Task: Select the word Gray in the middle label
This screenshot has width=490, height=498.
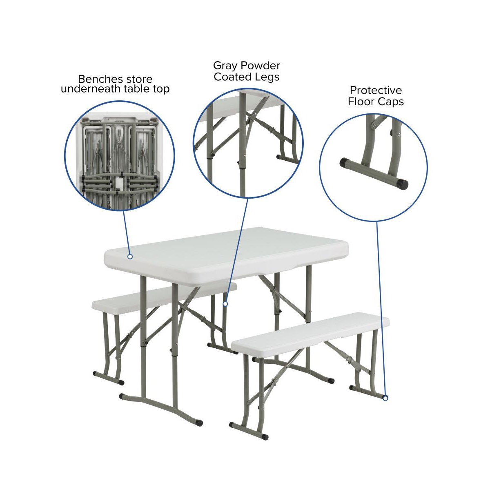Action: coord(225,66)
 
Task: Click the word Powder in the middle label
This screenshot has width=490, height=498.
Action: coord(260,66)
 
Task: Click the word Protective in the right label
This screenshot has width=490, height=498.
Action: coord(376,90)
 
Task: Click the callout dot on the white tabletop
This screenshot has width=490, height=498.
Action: coord(130,257)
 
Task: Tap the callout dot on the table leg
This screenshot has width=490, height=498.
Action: coord(225,304)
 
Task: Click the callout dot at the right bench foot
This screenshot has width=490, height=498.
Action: coord(385,398)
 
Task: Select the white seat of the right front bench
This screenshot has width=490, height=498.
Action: coord(310,330)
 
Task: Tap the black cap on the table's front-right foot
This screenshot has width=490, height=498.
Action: coord(199,423)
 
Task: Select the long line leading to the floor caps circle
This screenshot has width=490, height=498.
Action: coord(381,310)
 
